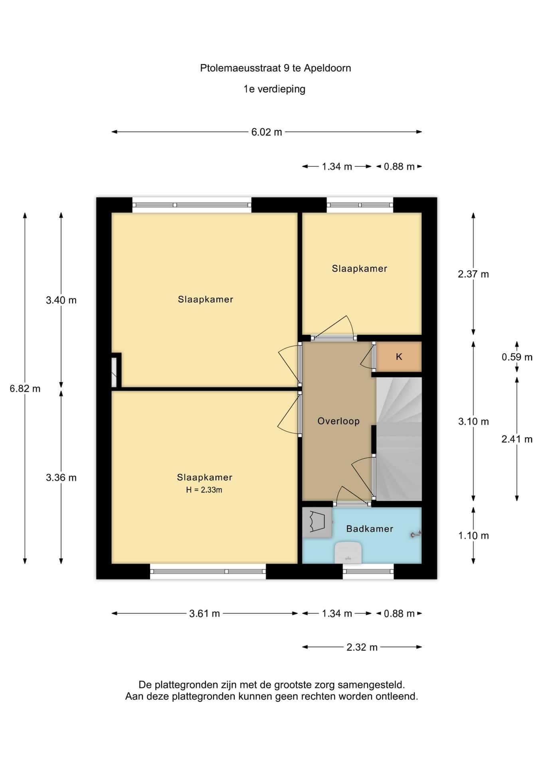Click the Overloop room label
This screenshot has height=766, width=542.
[x=338, y=421]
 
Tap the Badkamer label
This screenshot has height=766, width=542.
[x=370, y=529]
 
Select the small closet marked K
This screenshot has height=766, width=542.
[x=399, y=357]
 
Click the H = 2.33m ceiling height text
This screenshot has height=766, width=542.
[x=204, y=490]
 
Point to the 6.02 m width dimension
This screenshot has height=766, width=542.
[x=267, y=132]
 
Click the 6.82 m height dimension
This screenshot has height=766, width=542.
[x=25, y=388]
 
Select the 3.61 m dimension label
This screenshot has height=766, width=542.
[x=205, y=613]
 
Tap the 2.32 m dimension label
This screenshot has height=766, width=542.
[x=362, y=647]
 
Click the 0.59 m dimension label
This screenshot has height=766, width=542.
[x=517, y=357]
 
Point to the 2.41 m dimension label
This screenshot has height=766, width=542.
[x=517, y=439]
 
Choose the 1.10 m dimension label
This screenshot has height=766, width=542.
[x=473, y=535]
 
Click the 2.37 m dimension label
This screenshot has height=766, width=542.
[x=473, y=274]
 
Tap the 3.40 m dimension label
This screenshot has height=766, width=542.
[x=61, y=300]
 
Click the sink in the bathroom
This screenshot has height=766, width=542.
[x=348, y=553]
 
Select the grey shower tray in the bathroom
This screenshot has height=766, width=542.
[x=317, y=522]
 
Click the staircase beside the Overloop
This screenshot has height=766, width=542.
[x=399, y=439]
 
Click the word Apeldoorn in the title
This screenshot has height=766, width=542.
[x=328, y=68]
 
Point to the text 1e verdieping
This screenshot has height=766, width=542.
[x=275, y=89]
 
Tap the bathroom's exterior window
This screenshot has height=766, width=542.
[x=368, y=571]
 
